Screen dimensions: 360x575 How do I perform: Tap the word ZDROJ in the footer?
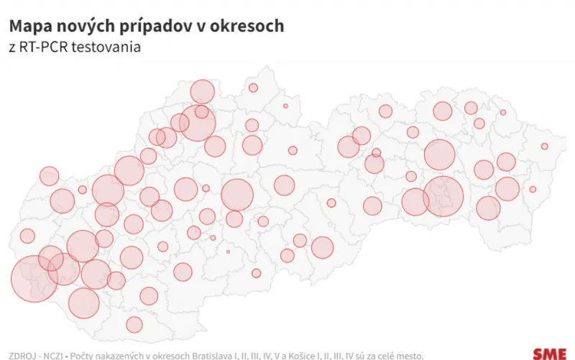(22, 354)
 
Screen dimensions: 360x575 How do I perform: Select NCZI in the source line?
(54, 354)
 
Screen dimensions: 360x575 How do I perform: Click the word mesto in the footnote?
(408, 354)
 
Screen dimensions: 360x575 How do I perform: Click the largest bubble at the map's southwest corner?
(34, 278)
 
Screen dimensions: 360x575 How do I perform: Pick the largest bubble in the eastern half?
(443, 195)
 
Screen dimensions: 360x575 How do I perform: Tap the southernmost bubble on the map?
(134, 325)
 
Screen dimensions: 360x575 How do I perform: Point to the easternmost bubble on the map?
(545, 147)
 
